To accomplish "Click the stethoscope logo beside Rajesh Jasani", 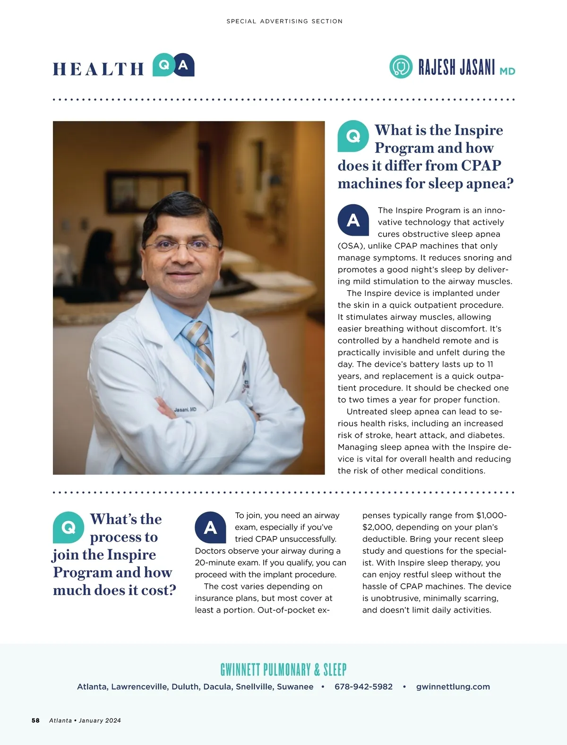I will click(x=401, y=67).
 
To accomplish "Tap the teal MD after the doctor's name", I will click(x=507, y=71).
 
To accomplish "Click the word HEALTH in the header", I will click(x=98, y=69).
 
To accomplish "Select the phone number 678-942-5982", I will click(x=363, y=686).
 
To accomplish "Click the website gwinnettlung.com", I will click(x=453, y=686).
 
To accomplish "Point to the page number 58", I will click(x=35, y=720).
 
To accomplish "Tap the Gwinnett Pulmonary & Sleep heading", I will click(x=283, y=669).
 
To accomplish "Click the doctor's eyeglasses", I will click(x=182, y=246).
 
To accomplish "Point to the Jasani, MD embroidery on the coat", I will click(x=185, y=409).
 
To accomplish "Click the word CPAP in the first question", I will click(x=481, y=165).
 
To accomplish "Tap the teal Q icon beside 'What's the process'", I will click(x=69, y=527).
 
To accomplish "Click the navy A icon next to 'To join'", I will click(x=210, y=527).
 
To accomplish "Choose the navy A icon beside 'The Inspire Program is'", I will click(x=353, y=220).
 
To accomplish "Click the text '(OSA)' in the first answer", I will click(x=351, y=246).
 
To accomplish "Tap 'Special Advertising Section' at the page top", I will click(x=284, y=21).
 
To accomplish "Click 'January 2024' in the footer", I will click(x=100, y=720).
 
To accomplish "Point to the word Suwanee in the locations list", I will click(x=295, y=686).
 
